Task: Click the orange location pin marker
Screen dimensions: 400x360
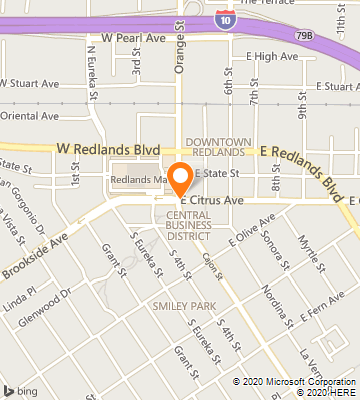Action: click(180, 180)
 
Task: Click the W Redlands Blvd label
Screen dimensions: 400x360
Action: click(108, 148)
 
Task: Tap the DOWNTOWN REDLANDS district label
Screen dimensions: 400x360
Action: click(215, 147)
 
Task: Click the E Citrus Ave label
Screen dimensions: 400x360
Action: click(212, 200)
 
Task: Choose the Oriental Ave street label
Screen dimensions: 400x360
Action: click(30, 115)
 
